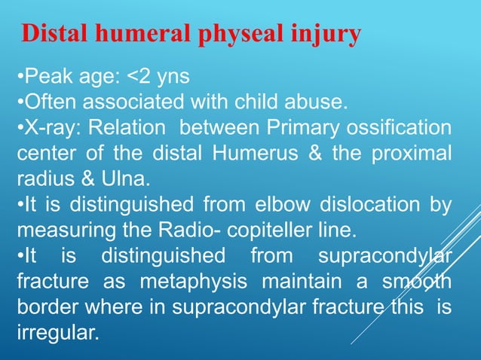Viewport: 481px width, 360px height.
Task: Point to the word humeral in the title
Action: tap(136, 35)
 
